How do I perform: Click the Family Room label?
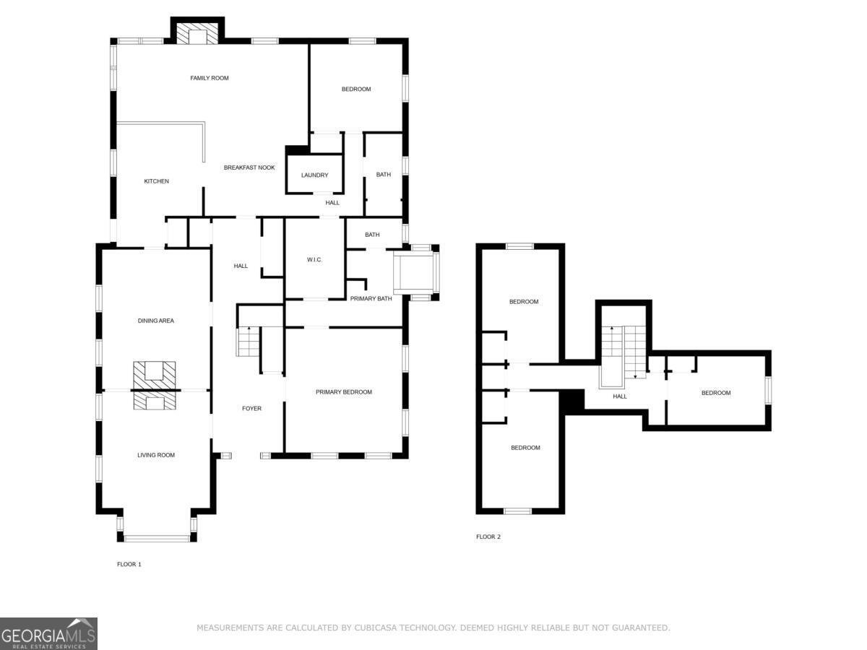point(210,78)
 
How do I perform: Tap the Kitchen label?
point(156,181)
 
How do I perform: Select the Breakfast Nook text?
point(249,168)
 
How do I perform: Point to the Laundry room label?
point(314,175)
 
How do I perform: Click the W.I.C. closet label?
point(314,260)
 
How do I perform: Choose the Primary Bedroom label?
point(344,392)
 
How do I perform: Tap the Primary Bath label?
point(371,299)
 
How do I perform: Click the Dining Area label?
point(155,321)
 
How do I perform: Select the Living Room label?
point(156,455)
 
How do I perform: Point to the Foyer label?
point(251,409)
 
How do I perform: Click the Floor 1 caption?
point(129,564)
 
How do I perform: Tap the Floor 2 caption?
point(488,537)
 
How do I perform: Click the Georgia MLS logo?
point(48,633)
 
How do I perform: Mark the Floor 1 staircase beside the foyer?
point(248,342)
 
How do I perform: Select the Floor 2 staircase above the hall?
point(624,353)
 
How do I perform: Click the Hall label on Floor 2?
point(620,396)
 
